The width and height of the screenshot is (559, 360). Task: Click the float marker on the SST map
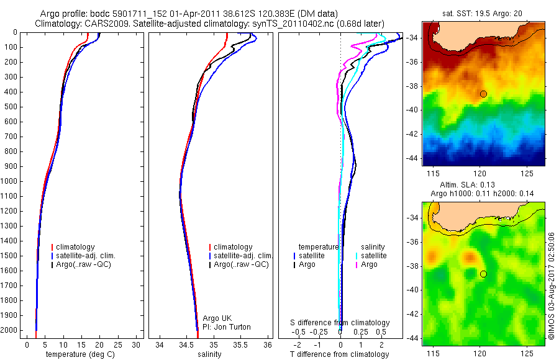[x=483, y=94]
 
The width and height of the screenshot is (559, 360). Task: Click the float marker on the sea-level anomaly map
[x=483, y=274]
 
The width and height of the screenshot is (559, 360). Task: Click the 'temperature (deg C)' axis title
[x=78, y=354]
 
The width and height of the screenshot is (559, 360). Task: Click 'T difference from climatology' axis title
[x=339, y=354]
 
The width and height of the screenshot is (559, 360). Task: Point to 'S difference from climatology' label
[x=340, y=323]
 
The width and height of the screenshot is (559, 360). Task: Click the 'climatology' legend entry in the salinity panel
[x=233, y=247]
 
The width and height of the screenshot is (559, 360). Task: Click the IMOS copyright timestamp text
[x=551, y=287]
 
